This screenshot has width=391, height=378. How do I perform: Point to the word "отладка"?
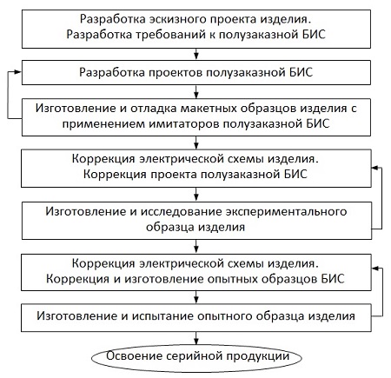154,109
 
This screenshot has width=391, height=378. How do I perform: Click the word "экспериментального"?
286,212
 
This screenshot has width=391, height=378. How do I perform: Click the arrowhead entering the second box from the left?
18,72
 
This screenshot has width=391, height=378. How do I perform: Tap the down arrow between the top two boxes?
196,54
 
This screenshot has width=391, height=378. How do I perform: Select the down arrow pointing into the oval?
196,339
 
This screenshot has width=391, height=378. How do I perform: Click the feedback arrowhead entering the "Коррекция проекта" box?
375,168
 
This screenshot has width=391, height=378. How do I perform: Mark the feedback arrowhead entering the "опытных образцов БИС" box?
375,269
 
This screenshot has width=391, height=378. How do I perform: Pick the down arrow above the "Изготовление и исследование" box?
196,195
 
